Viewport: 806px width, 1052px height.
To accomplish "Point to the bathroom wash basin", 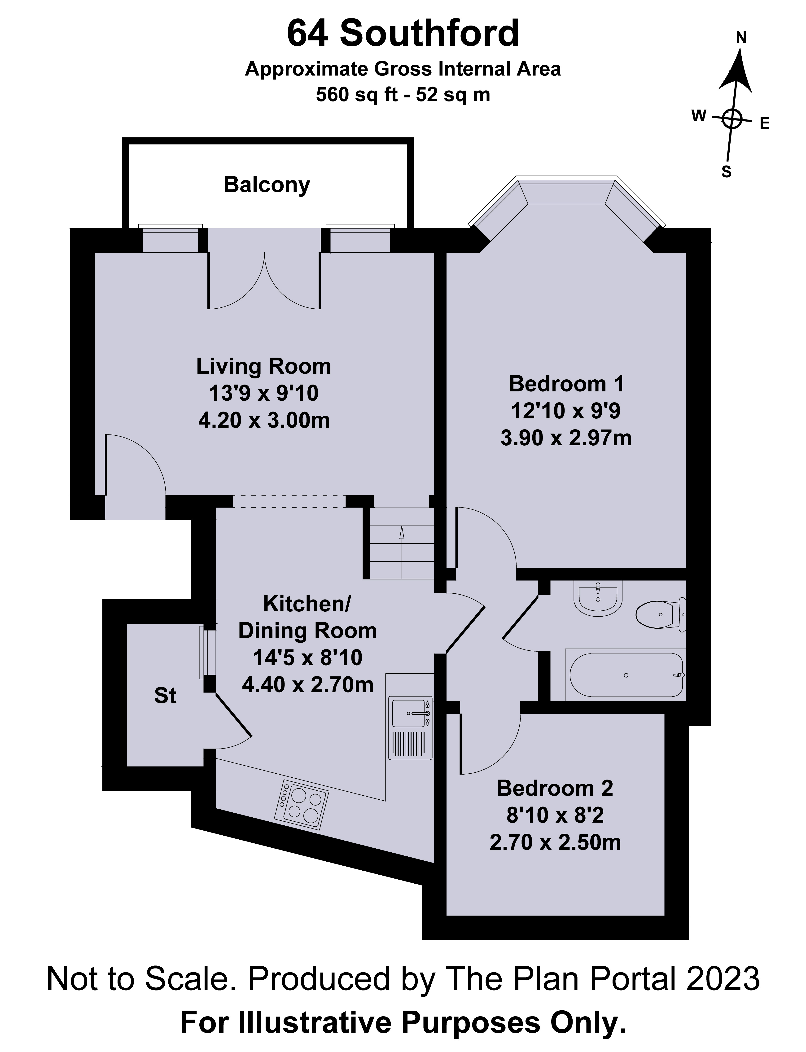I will (598, 599).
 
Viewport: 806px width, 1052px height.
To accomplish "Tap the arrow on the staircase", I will (402, 533).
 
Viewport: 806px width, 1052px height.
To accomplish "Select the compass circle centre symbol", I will (732, 118).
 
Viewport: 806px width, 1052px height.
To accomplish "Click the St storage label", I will (165, 696).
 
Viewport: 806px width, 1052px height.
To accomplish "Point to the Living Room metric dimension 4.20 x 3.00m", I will (264, 421).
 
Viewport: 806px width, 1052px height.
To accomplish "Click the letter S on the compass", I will (726, 172).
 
